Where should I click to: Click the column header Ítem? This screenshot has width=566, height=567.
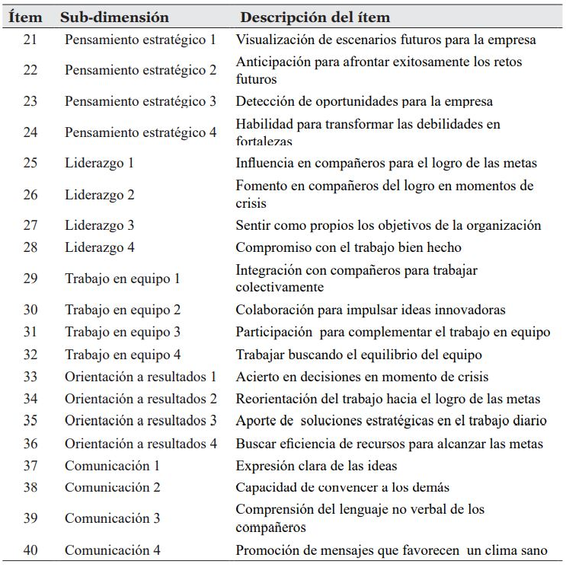click(x=25, y=17)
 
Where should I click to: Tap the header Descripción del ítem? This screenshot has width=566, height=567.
click(x=315, y=17)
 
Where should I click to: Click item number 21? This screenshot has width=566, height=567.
click(x=30, y=40)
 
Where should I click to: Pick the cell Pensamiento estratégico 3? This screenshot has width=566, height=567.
click(x=140, y=101)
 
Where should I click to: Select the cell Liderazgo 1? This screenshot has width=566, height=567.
click(x=99, y=163)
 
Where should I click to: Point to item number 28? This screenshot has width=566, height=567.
click(x=30, y=247)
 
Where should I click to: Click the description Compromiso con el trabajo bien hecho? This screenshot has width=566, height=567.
click(x=348, y=247)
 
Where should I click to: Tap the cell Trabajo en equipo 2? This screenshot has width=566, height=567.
click(x=122, y=310)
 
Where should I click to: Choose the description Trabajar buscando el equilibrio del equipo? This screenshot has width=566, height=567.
click(x=358, y=355)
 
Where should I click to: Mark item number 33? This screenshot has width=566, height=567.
click(x=30, y=377)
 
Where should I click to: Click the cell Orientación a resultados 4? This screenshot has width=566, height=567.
click(x=140, y=444)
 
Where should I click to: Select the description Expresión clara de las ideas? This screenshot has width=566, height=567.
click(x=316, y=466)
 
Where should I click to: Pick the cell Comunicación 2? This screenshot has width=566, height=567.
click(x=112, y=488)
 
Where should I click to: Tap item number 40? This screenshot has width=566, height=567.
click(x=30, y=550)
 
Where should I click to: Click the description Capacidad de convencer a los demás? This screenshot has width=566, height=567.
click(x=342, y=488)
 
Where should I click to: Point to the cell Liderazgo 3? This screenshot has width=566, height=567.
click(x=99, y=225)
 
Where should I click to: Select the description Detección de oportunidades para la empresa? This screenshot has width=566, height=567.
click(x=364, y=101)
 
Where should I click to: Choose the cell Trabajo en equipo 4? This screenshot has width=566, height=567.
click(x=122, y=355)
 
